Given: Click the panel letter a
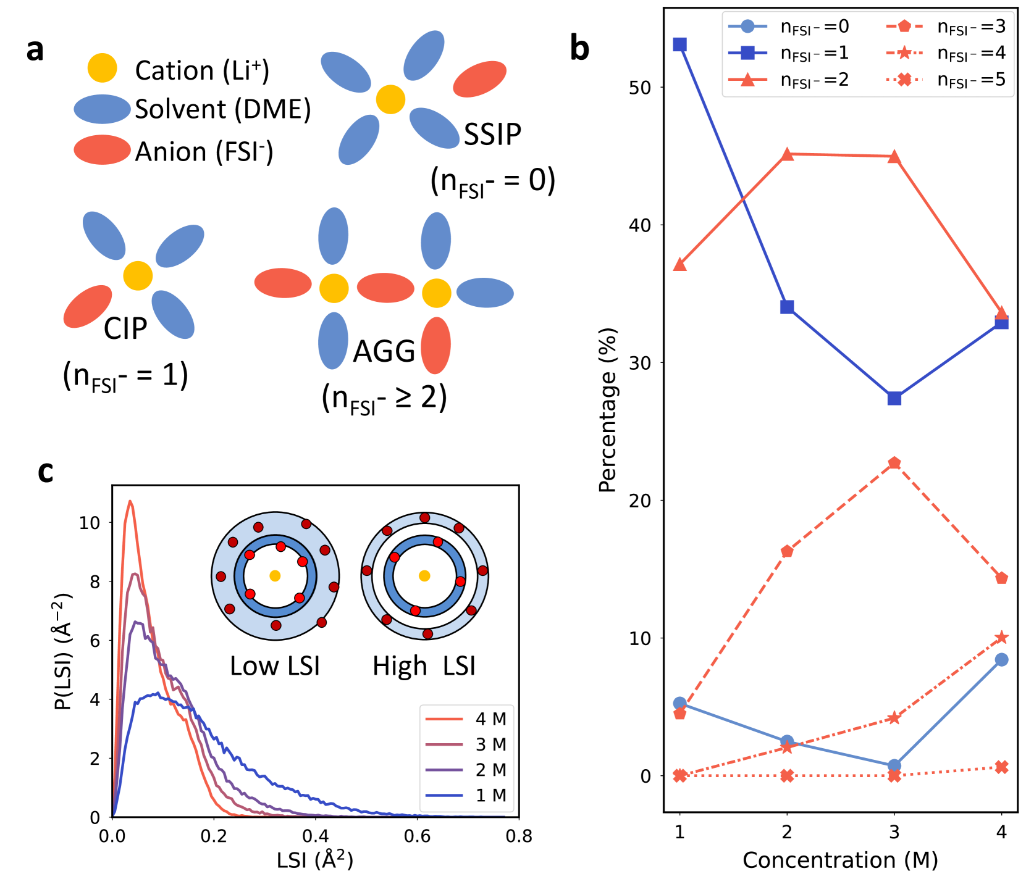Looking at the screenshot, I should pyautogui.click(x=35, y=49).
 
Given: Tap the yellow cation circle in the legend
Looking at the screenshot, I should pyautogui.click(x=102, y=68).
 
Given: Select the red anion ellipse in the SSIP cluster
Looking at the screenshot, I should pyautogui.click(x=480, y=79).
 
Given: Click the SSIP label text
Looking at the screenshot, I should pyautogui.click(x=492, y=134).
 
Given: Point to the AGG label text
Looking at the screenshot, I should pyautogui.click(x=384, y=351).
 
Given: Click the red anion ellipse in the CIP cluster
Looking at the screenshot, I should pyautogui.click(x=88, y=306).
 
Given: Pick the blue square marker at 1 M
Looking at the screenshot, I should pyautogui.click(x=679, y=44).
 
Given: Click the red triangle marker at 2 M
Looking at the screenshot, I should pyautogui.click(x=787, y=154).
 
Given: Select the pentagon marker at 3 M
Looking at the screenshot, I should pyautogui.click(x=894, y=463).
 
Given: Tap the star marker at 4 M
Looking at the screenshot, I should pyautogui.click(x=1001, y=638).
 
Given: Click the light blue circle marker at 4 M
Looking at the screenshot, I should pyautogui.click(x=1001, y=660).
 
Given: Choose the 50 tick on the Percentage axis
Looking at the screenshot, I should pyautogui.click(x=640, y=88).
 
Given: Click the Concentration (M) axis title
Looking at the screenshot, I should pyautogui.click(x=840, y=860).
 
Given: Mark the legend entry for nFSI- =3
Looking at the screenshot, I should pyautogui.click(x=945, y=27).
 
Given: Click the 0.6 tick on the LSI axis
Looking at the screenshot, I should pyautogui.click(x=417, y=836).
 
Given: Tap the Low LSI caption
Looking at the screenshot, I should pyautogui.click(x=275, y=666).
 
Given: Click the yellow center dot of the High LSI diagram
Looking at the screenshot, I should pyautogui.click(x=424, y=576).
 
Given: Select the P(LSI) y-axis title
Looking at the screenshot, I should pyautogui.click(x=64, y=651).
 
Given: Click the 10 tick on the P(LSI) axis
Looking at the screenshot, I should pyautogui.click(x=90, y=523).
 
